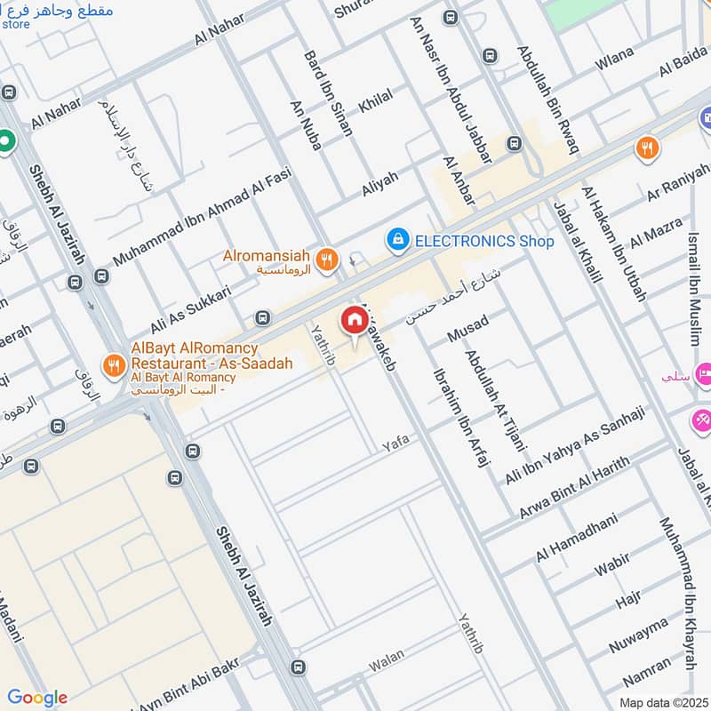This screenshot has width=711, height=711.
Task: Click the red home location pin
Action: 354,320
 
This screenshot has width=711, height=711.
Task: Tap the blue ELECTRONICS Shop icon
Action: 398,239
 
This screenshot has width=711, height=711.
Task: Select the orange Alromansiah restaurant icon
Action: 327,259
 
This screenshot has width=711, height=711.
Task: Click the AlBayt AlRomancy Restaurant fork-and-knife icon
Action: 113,363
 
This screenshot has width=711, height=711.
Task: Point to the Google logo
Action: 37,697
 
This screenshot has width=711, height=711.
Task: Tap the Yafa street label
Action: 395,442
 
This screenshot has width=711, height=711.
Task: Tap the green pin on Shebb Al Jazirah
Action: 7,140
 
